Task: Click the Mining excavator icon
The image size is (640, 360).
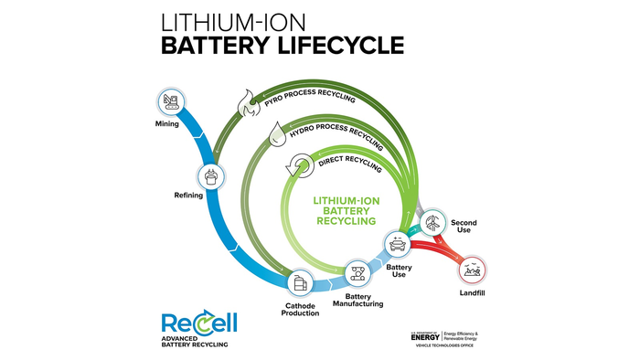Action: coord(170,101)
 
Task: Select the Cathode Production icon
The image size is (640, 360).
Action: coord(301,283)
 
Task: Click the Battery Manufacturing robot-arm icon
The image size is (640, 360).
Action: coord(357,271)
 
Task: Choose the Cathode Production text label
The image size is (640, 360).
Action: coord(300,309)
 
